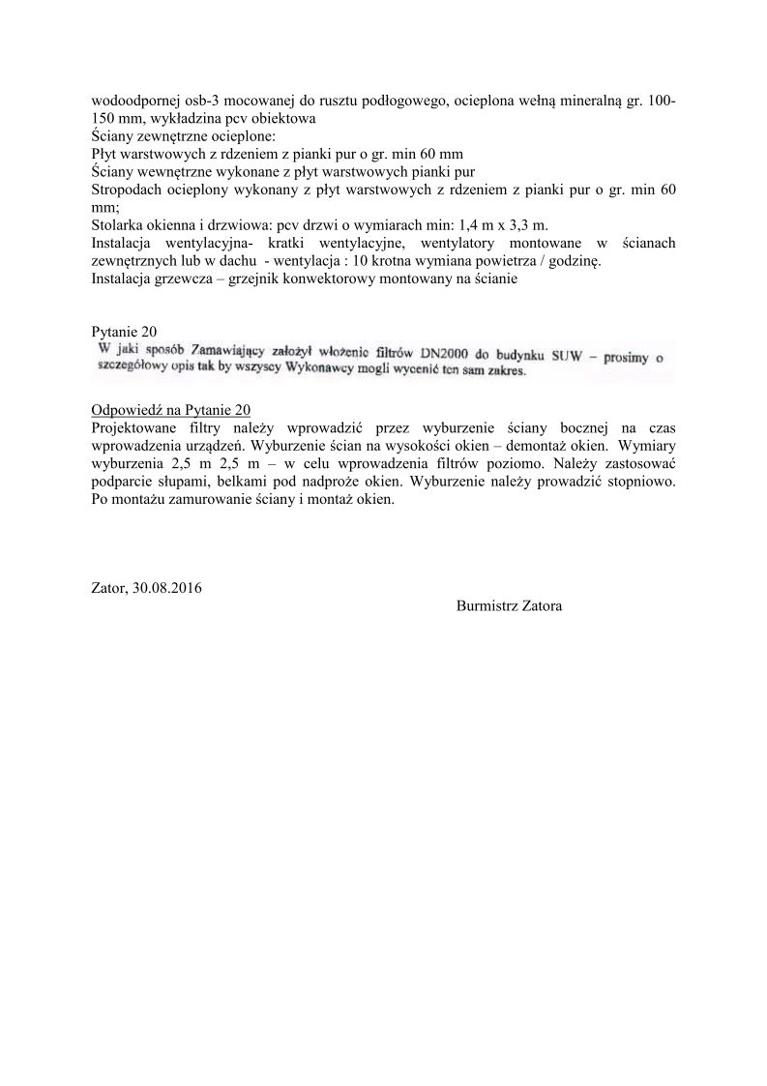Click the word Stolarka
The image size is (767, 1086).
tap(118, 224)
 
